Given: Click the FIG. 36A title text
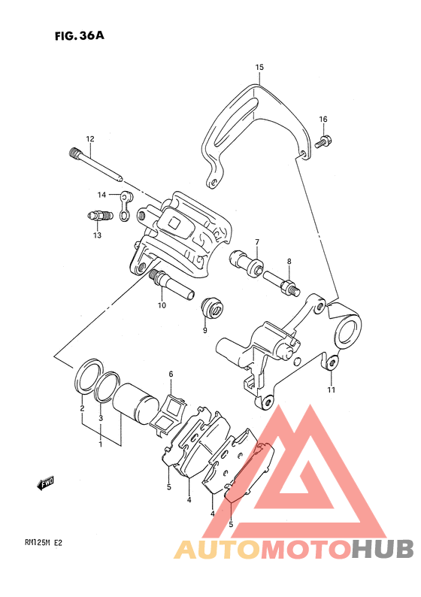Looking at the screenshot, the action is point(79,36).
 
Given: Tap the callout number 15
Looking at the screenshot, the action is point(259,67).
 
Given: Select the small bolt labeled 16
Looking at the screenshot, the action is point(323,141).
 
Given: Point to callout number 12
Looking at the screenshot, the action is point(89,139).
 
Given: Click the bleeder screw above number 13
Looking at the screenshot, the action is point(99,217).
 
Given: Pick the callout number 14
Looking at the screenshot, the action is point(101,195).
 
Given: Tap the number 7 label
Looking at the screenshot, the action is point(257,242).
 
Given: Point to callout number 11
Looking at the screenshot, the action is point(332,389).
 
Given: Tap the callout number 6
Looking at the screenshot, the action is point(171,374).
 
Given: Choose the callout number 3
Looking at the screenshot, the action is point(101,418).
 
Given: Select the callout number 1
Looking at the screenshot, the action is point(101,444).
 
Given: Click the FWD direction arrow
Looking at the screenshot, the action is point(45,483).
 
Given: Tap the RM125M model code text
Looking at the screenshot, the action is point(38,543).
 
